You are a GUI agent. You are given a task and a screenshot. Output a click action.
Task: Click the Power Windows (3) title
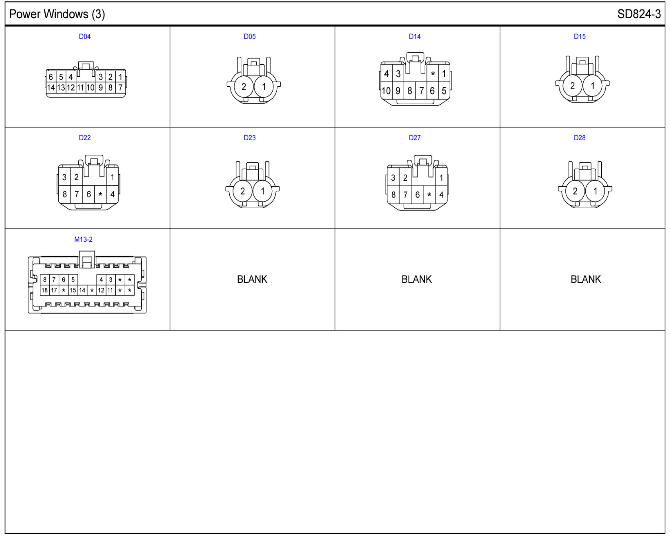click(x=57, y=14)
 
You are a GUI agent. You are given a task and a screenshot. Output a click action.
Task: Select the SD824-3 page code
click(x=639, y=14)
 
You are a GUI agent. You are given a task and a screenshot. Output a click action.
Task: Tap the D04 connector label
click(x=85, y=37)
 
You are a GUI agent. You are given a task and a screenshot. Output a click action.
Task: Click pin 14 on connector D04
click(x=51, y=88)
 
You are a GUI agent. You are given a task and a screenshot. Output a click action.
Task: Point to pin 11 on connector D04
click(x=81, y=88)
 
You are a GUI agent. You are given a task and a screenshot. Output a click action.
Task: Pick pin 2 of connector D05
click(x=244, y=87)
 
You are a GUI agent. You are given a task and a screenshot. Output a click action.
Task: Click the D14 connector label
click(x=414, y=37)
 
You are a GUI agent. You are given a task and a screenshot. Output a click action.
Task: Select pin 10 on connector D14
click(x=386, y=91)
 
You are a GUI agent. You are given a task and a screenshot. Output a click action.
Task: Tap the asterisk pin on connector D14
click(x=433, y=74)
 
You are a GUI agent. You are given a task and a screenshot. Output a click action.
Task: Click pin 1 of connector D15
click(x=592, y=86)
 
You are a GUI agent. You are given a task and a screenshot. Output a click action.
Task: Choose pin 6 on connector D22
click(x=89, y=194)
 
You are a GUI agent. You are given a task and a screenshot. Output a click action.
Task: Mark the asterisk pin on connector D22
click(x=100, y=194)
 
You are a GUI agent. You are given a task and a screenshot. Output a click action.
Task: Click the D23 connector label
click(x=250, y=138)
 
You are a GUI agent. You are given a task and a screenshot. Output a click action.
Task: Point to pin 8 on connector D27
click(x=393, y=195)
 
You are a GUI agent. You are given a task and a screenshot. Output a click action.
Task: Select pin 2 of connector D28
click(x=575, y=191)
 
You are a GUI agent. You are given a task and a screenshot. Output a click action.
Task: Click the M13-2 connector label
click(x=83, y=239)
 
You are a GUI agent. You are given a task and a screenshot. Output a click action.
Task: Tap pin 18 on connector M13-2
click(x=44, y=290)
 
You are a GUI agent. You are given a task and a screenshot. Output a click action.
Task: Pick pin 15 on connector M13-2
click(x=73, y=290)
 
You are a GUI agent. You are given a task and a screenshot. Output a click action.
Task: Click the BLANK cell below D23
click(x=252, y=279)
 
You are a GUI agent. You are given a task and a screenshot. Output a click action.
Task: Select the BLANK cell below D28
click(x=585, y=279)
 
